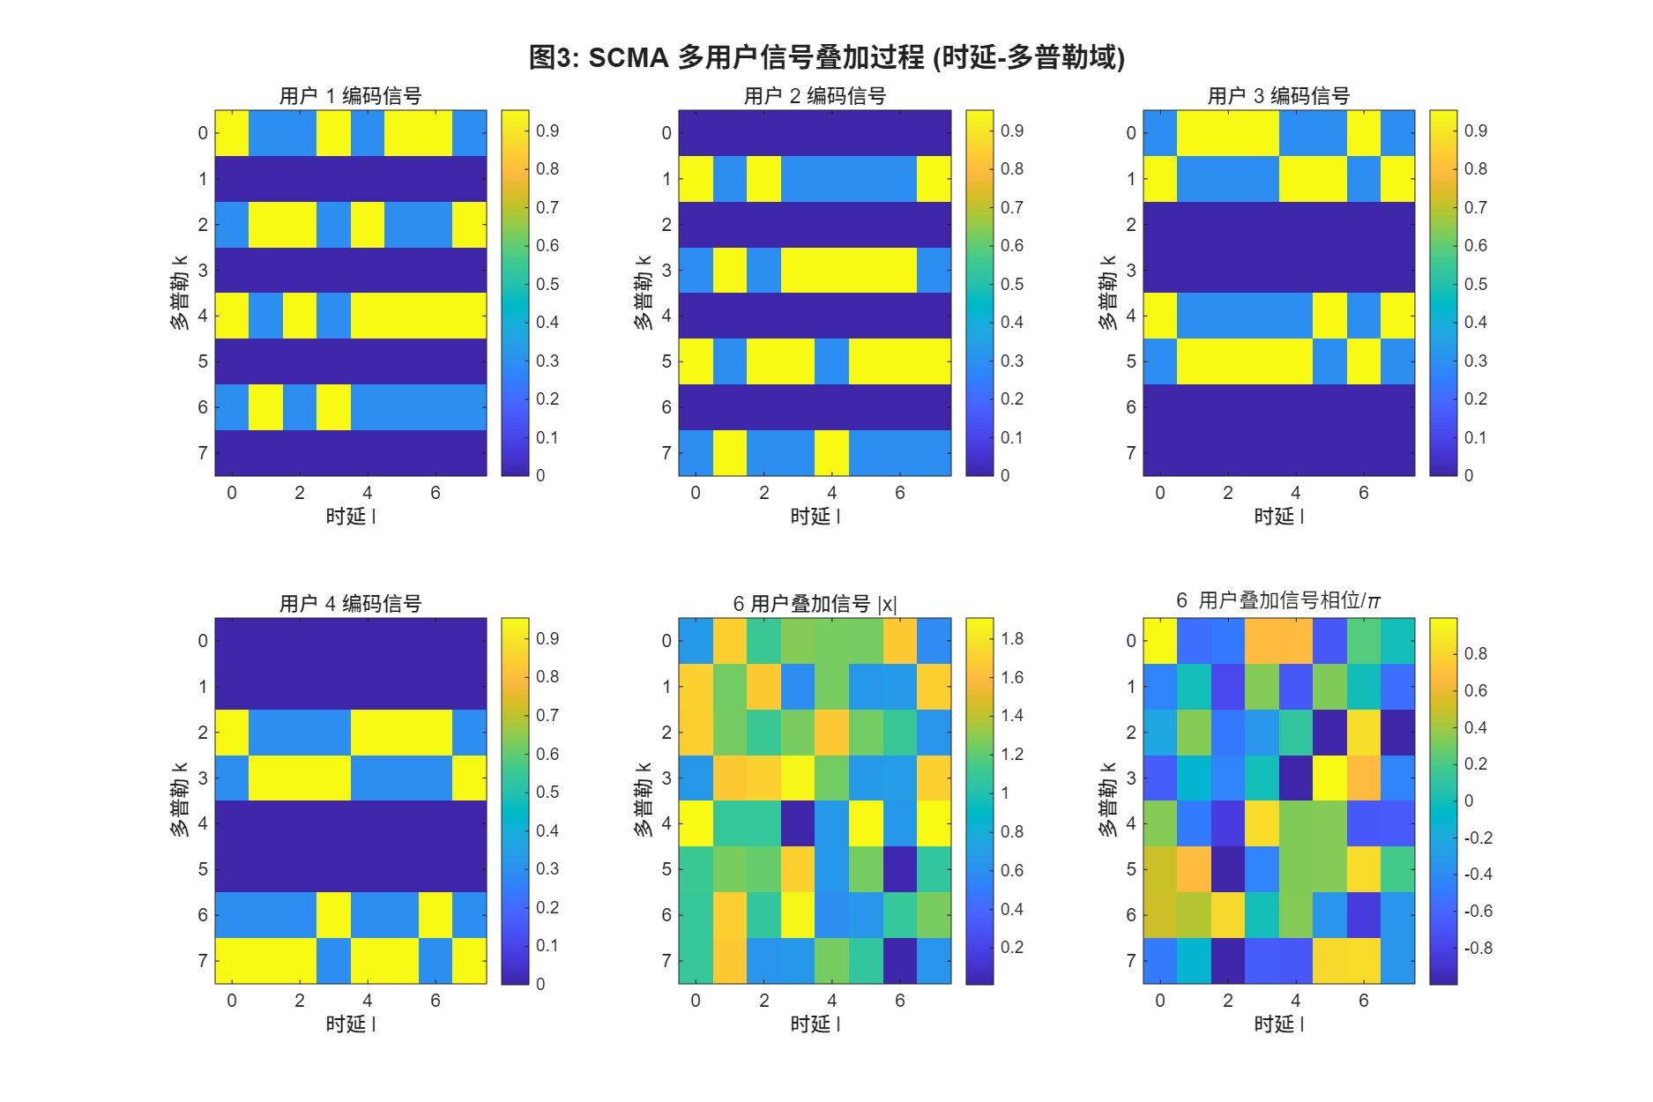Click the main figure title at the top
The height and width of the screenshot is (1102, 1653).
coord(826,57)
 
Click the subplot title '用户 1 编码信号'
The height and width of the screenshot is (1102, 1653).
coord(350,95)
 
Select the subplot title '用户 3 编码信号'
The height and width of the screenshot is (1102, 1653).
coord(1278,95)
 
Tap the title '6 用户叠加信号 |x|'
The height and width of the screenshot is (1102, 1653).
coord(815,604)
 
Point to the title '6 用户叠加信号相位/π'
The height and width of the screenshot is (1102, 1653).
coord(1278,600)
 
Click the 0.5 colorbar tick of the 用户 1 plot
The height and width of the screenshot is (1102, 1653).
coord(547,284)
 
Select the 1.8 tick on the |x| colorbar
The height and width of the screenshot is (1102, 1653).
coord(1012,638)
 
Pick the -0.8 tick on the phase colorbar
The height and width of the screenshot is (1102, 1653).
coord(1478,948)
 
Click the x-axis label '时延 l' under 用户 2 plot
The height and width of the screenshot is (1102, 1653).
coord(815,516)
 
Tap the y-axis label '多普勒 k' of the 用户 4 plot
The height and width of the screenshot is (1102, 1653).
coord(179,800)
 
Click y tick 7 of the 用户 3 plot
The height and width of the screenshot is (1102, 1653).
coord(1130,452)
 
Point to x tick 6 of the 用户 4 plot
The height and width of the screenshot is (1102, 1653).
coord(436,1001)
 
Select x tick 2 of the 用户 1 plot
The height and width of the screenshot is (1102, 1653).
coord(300,493)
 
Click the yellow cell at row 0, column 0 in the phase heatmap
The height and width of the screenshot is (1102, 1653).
coord(1159,641)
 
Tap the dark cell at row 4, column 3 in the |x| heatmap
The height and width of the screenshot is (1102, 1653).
coord(798,823)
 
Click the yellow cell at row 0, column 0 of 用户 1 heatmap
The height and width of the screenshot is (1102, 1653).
coord(232,133)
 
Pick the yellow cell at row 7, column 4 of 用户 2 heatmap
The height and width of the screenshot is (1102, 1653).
coord(831,452)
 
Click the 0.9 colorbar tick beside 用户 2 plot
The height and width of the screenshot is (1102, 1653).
coord(1012,130)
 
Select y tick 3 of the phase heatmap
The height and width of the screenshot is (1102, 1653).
coord(1130,778)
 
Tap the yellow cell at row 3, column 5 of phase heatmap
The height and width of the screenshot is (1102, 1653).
coord(1329,778)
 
